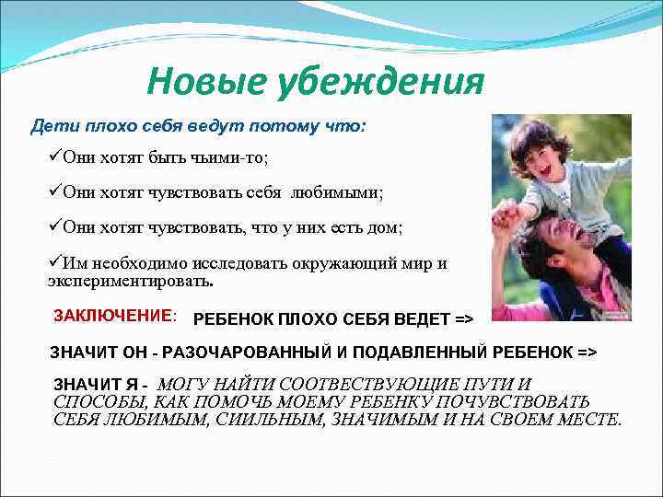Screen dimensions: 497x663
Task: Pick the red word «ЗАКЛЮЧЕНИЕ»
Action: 113,316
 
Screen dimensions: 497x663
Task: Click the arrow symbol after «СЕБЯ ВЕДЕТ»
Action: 464,320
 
